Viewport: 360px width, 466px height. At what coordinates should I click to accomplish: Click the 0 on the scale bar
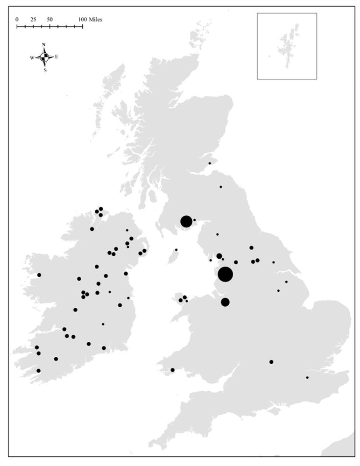tap(17, 20)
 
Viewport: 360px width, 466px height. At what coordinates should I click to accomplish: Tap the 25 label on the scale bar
tap(33, 20)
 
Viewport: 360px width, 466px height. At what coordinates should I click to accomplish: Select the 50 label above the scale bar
tap(49, 20)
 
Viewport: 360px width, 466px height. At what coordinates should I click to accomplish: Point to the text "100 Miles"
tap(90, 20)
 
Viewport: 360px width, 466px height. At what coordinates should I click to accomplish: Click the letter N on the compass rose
tap(44, 45)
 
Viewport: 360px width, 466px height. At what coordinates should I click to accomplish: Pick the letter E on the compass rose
tap(56, 57)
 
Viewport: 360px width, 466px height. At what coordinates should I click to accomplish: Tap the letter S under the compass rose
tap(45, 71)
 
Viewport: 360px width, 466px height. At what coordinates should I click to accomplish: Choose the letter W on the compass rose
tap(32, 58)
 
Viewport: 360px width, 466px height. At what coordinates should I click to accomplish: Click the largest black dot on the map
tap(225, 275)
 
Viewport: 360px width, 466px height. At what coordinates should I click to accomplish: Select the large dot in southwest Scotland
tap(186, 221)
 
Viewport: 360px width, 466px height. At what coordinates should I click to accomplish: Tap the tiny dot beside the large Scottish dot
tap(194, 220)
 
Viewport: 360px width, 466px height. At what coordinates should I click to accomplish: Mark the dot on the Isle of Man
tap(176, 250)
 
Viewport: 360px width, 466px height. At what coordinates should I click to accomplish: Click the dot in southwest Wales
tap(172, 370)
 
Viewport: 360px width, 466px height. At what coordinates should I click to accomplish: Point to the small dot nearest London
tap(307, 377)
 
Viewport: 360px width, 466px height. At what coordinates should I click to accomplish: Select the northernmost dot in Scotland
tap(209, 163)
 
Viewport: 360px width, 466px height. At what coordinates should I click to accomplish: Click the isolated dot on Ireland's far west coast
tap(39, 275)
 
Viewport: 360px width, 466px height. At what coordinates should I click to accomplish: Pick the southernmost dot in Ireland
tap(38, 370)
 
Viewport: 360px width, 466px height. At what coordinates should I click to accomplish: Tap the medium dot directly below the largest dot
tap(225, 302)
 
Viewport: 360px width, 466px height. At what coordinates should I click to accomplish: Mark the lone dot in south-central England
tap(271, 361)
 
